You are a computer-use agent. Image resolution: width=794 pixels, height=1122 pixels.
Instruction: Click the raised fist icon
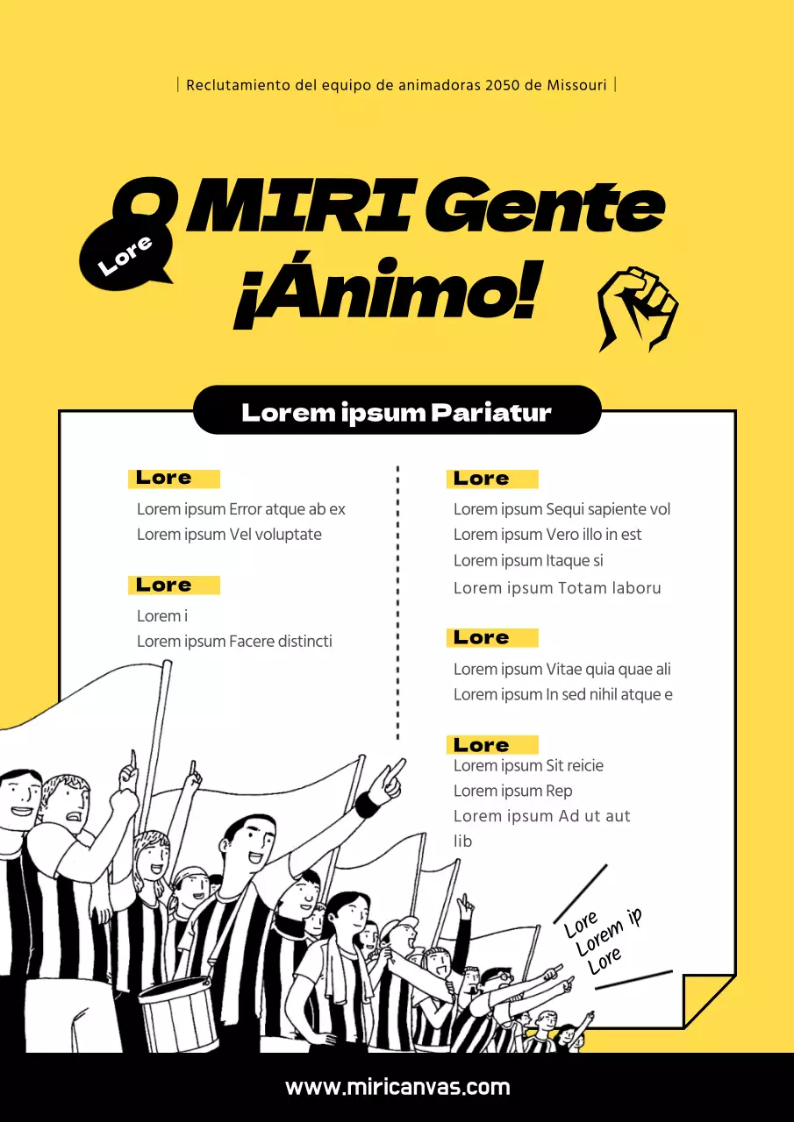coord(638,308)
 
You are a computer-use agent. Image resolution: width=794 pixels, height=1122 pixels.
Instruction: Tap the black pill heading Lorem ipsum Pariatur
coord(397,412)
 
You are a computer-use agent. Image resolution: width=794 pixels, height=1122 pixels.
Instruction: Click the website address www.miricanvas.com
coord(397,1088)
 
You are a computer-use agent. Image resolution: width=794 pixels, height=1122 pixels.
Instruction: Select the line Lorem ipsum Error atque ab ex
coord(241,509)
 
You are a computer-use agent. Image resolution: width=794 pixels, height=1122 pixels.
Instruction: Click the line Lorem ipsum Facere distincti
coord(234,642)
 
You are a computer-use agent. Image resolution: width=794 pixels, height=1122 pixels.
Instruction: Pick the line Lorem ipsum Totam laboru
coord(557,588)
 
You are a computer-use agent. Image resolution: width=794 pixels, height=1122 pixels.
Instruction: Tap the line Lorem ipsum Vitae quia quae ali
coord(562,670)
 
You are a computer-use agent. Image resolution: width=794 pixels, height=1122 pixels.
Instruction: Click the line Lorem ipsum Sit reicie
coord(528,766)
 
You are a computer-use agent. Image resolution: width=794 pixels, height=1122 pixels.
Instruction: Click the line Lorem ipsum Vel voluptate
coord(229,535)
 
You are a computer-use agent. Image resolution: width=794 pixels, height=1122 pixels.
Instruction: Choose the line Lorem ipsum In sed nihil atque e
coord(562,695)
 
